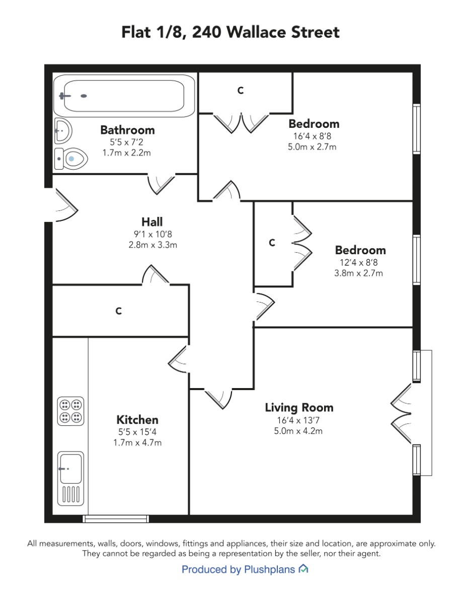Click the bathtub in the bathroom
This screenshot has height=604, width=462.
point(124,96)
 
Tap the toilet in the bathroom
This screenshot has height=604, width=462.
point(71,159)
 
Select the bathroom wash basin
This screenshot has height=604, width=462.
point(63,131)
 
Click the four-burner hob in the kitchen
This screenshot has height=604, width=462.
point(70,411)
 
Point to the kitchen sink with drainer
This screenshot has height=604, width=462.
point(70,478)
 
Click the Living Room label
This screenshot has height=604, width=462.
point(299,408)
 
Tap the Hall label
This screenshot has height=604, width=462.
point(152,222)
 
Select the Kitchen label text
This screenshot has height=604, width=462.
point(137,420)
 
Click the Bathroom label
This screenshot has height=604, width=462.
point(127,130)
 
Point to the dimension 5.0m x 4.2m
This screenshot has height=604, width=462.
point(298,431)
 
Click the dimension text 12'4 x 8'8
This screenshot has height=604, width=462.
point(359,263)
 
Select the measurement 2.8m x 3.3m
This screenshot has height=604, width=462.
point(152,245)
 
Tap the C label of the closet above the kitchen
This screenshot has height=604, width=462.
point(118,311)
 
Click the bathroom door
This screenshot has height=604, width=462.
point(162,184)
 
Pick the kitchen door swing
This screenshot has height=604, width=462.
point(178,359)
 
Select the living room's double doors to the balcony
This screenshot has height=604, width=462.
point(401,414)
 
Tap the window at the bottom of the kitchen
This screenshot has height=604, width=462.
point(116,519)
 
